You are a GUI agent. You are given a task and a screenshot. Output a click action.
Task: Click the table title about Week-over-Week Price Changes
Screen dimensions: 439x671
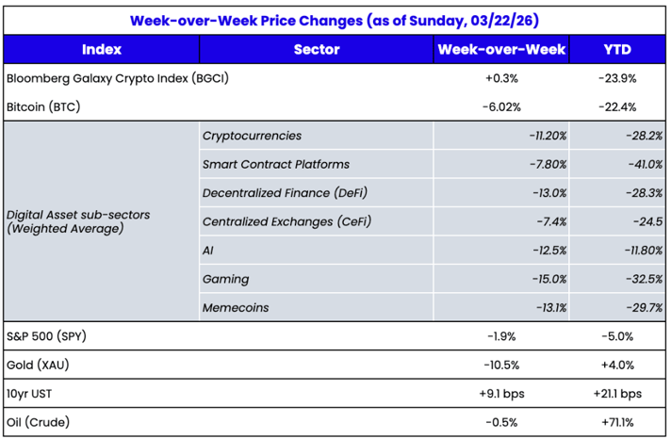(335, 20)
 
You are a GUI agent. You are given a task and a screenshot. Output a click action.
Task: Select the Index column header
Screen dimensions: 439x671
(101, 50)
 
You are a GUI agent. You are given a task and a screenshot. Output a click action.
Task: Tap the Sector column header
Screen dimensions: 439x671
(316, 50)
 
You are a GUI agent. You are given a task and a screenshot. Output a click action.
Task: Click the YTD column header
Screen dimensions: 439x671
(617, 50)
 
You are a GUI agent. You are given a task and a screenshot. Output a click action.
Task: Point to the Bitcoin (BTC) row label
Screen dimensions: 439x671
(42, 107)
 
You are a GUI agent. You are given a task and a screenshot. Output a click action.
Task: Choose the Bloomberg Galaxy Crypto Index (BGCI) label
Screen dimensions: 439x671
(117, 79)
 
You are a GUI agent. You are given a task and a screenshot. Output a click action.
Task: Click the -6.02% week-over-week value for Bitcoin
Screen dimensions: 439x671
(501, 107)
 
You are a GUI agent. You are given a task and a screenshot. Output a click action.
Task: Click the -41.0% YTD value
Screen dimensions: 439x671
(643, 165)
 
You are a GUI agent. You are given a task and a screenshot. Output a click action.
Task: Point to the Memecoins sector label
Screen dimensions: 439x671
(236, 307)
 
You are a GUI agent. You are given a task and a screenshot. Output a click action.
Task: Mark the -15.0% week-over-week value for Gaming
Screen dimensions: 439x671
(547, 279)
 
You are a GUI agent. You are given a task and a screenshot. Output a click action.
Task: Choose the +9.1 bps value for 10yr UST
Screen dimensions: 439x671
(501, 393)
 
